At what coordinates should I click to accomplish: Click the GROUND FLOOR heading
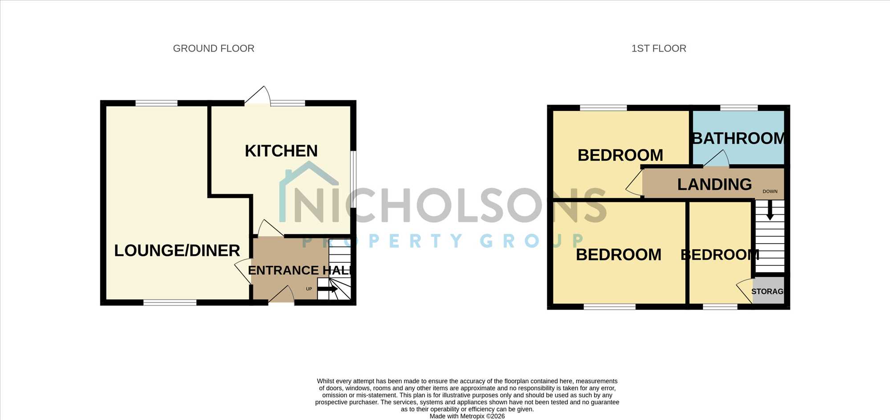click(214, 49)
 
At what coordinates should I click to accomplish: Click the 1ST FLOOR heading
click(659, 49)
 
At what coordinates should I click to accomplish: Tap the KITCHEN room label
click(281, 151)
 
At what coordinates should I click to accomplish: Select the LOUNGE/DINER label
click(177, 250)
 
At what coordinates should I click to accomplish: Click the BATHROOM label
click(738, 139)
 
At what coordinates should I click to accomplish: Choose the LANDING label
click(715, 184)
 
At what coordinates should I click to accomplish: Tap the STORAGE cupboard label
click(767, 291)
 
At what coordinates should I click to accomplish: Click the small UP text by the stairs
click(309, 289)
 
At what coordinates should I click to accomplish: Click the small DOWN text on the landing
click(770, 192)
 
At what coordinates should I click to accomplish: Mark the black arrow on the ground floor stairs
click(327, 289)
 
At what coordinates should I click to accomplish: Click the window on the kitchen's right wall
click(353, 179)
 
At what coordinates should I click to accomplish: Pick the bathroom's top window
click(739, 108)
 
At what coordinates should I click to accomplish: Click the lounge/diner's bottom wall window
click(170, 302)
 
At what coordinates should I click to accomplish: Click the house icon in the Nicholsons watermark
click(309, 192)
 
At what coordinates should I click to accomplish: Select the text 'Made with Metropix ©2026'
click(467, 416)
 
